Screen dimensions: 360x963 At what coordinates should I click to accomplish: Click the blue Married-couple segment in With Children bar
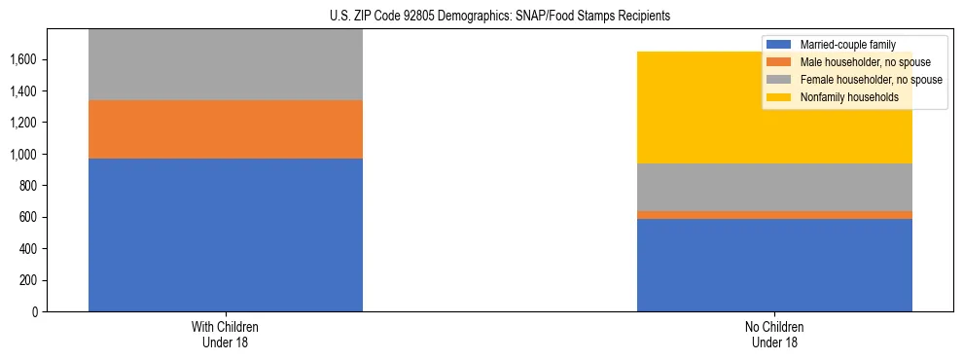pyautogui.click(x=225, y=234)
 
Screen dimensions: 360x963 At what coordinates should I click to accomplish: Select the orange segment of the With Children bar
pyautogui.click(x=225, y=129)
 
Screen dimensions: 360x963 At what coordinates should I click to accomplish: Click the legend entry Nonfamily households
pyautogui.click(x=842, y=97)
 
